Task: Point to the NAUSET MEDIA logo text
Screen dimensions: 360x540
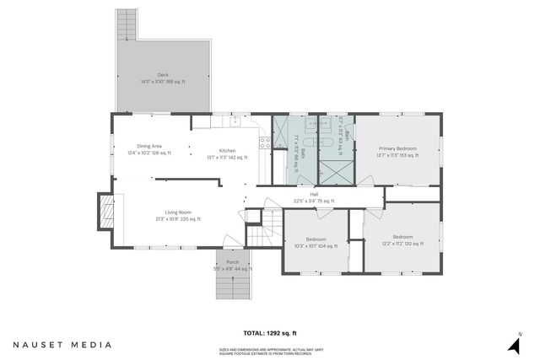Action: (62, 345)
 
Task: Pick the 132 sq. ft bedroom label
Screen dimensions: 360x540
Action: (402, 240)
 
